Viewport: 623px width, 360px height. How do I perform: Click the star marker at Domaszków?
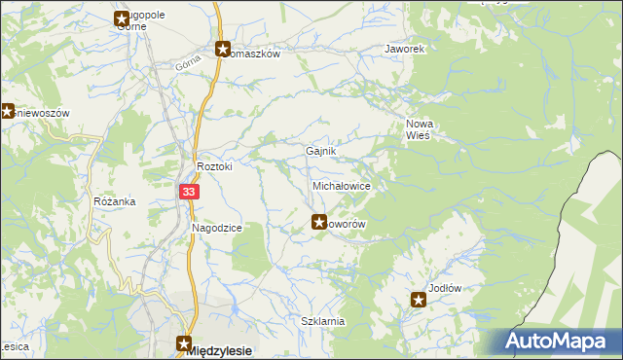[222, 49]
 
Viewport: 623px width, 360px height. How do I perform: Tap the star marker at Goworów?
[318, 222]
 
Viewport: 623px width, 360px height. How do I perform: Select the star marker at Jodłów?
[419, 300]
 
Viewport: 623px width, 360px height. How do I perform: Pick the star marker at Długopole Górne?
[122, 18]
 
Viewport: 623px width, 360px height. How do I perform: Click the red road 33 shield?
[189, 193]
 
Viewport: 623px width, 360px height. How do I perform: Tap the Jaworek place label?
[405, 48]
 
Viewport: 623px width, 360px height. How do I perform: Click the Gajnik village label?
[321, 152]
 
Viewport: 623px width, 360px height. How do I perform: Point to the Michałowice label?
[340, 184]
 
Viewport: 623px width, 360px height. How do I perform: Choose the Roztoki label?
[215, 166]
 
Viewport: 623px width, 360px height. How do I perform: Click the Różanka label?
[114, 201]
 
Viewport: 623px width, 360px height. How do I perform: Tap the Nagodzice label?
[216, 228]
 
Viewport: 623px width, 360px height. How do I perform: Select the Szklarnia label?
[323, 321]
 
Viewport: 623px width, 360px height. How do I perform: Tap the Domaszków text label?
[255, 54]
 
